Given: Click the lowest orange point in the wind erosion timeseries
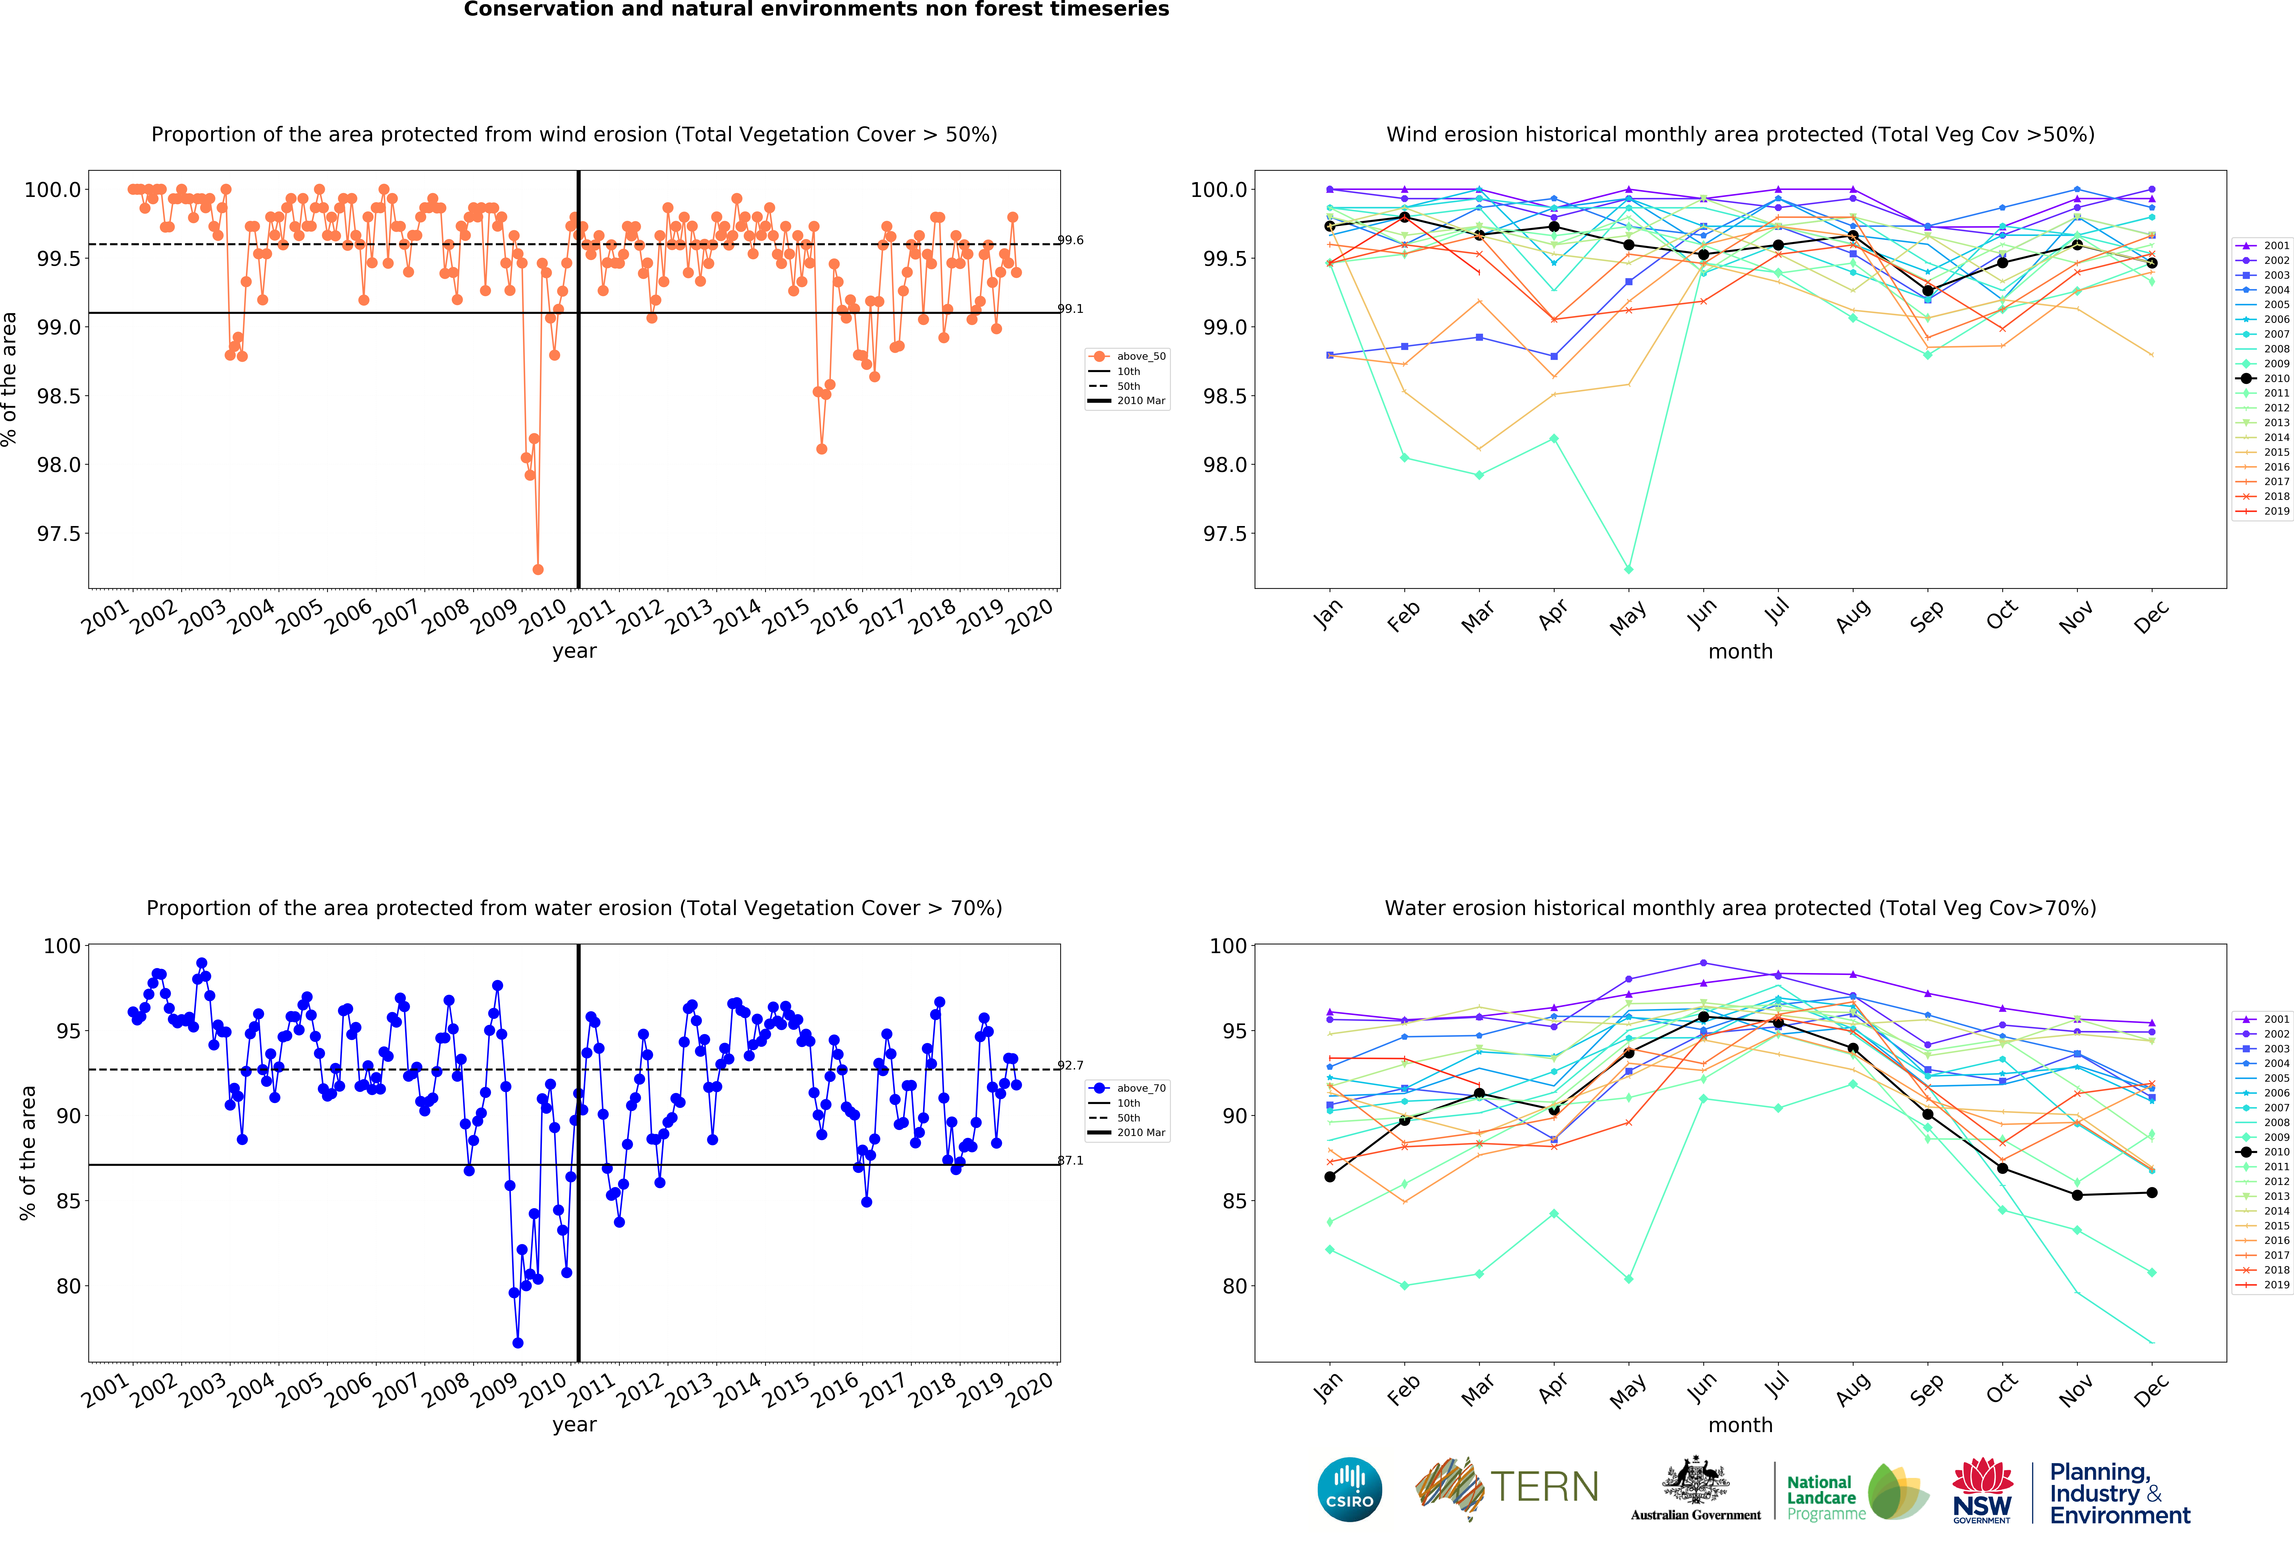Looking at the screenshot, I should click(538, 569).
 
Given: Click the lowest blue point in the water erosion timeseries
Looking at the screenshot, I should click(518, 1343).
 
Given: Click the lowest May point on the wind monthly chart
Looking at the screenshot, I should click(1629, 569).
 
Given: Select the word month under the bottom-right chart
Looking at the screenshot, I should click(1740, 1425).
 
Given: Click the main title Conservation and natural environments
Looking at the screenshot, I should click(816, 10).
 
